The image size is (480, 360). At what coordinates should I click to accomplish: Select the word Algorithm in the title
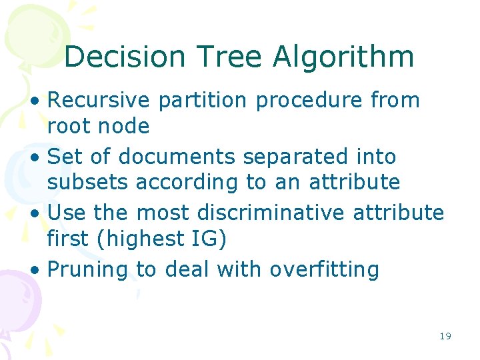click(x=344, y=57)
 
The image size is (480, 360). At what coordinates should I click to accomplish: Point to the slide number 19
click(x=445, y=336)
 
